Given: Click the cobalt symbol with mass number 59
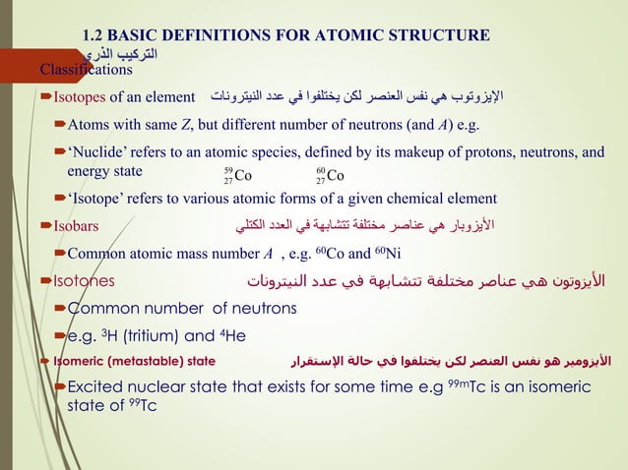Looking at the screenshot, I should [237, 176].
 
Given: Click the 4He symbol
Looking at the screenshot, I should [233, 334].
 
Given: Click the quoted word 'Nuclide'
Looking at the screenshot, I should [95, 152].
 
